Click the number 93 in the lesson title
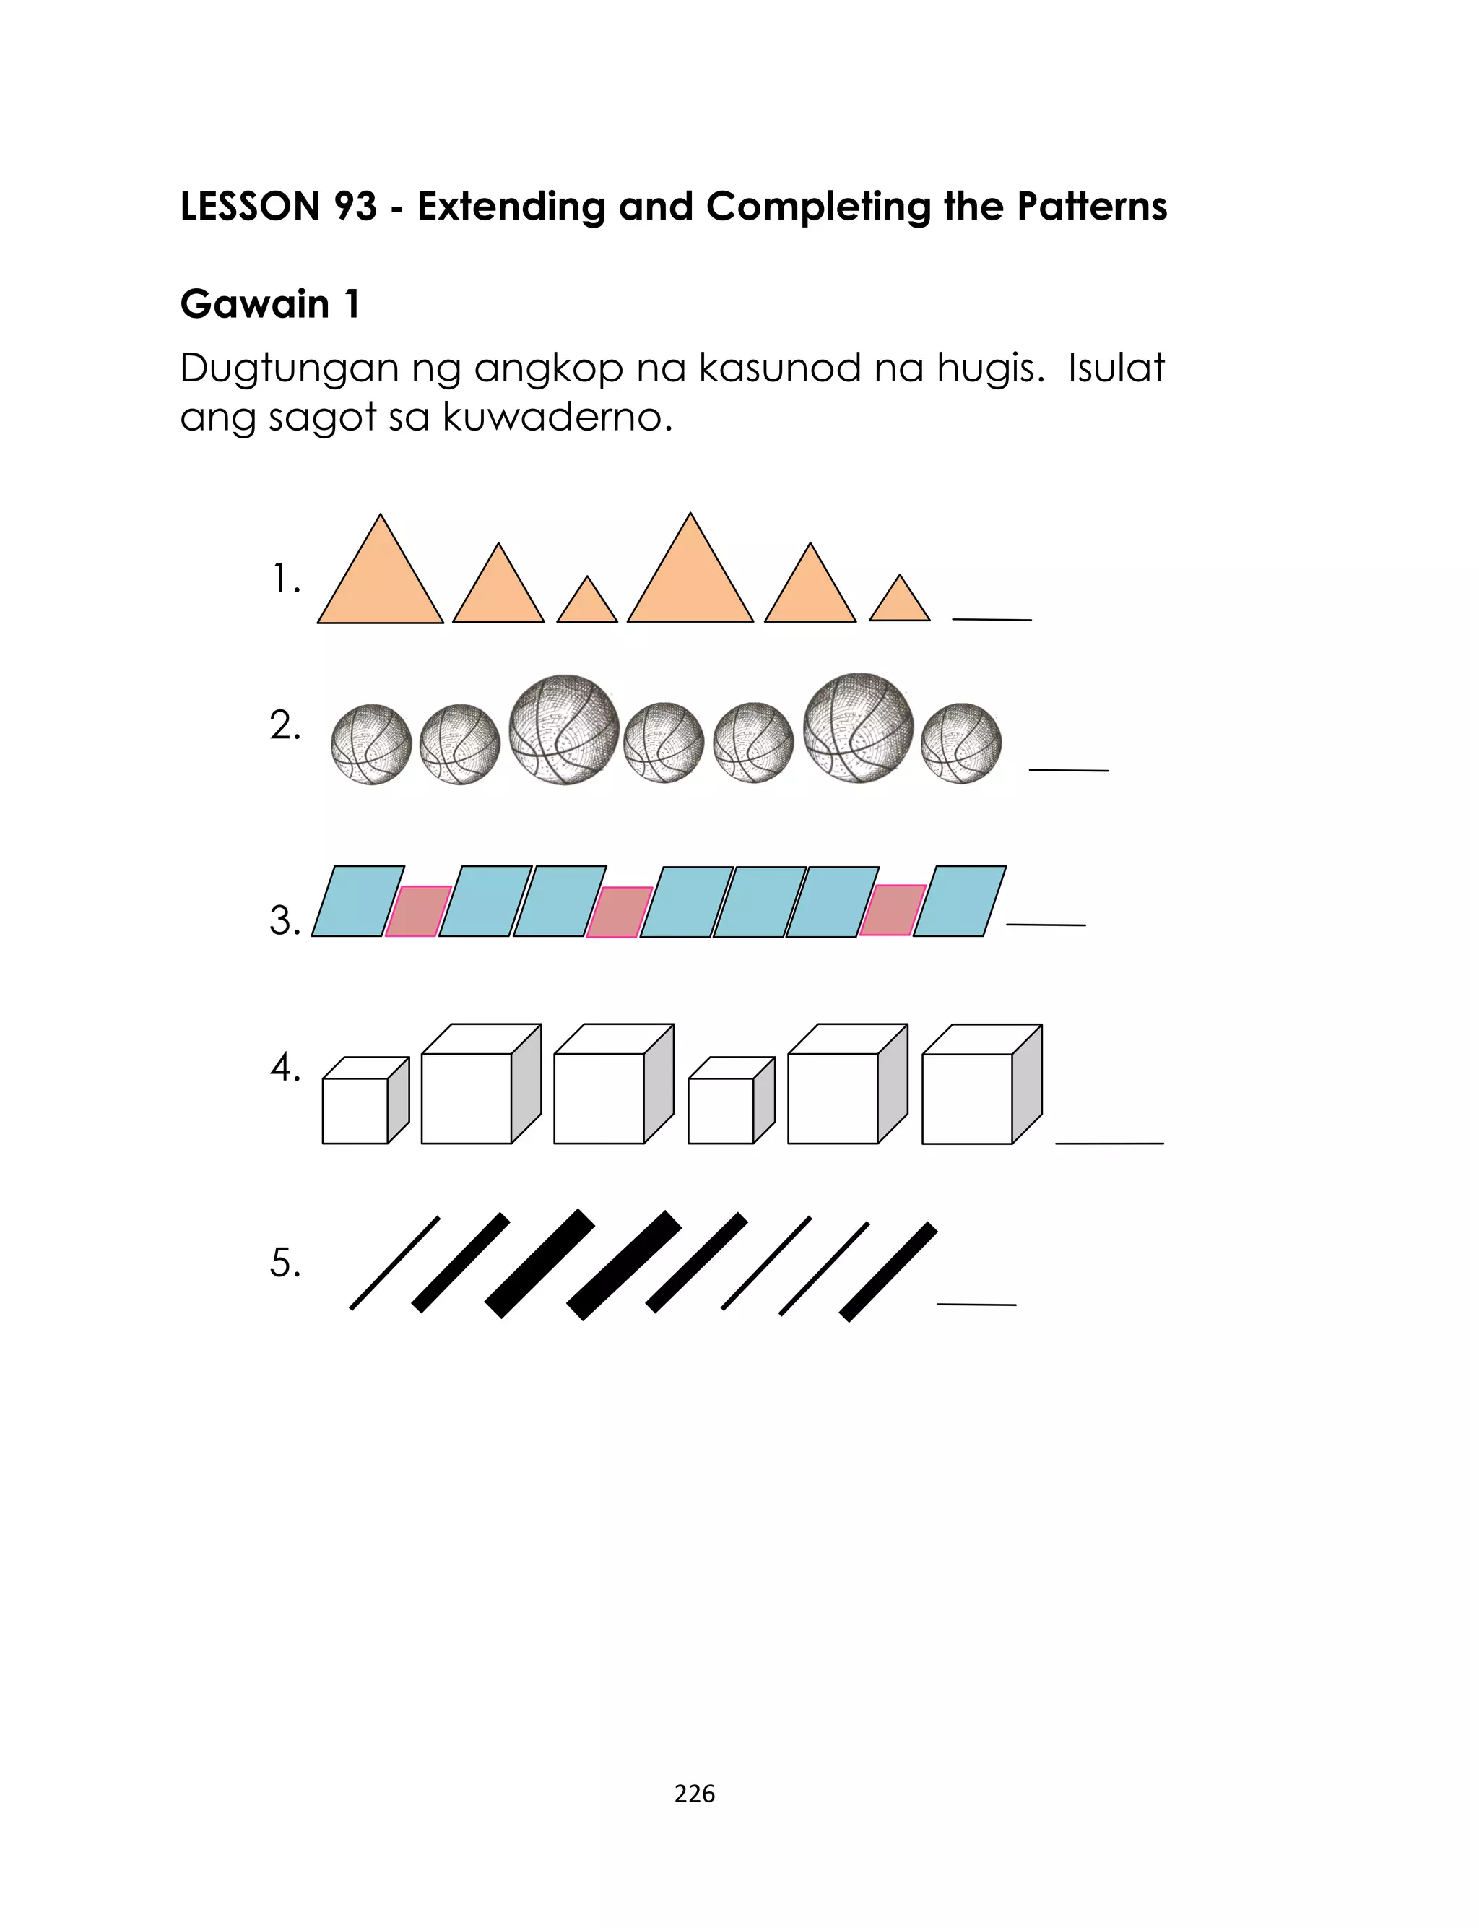coord(355,207)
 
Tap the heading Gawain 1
coord(269,305)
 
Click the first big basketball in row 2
coord(564,730)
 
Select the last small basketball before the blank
coord(961,744)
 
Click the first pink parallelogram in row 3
coord(418,911)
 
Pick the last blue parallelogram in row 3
coord(960,902)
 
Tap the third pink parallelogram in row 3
coord(892,910)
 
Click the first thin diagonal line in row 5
coord(394,1263)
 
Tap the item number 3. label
coord(285,921)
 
